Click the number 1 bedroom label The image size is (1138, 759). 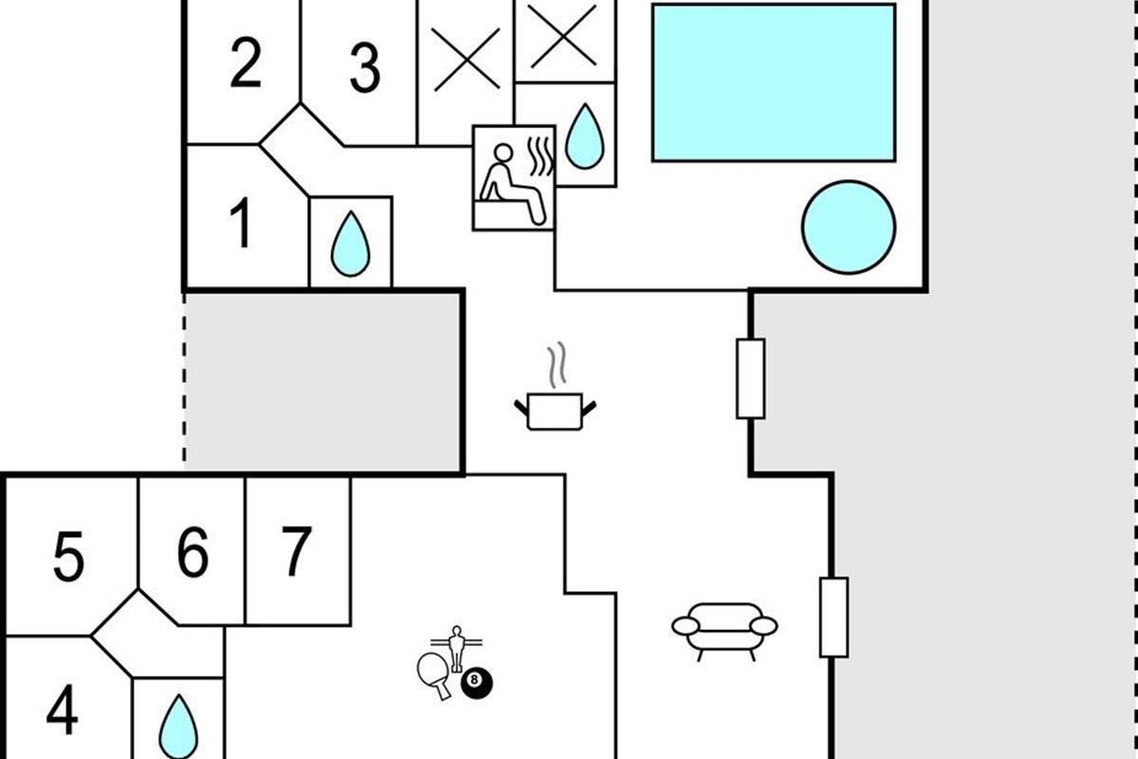tap(242, 225)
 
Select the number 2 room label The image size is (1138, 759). tap(245, 64)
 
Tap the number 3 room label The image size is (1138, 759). tap(364, 68)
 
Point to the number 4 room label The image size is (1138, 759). tap(62, 712)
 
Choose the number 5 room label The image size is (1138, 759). tap(67, 558)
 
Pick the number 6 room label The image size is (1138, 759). tap(193, 552)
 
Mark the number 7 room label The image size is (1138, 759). tap(296, 551)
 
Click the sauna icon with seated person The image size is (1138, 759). tap(513, 177)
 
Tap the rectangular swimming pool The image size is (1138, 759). tap(773, 83)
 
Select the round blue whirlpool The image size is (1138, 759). tap(848, 228)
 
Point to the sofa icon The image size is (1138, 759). tap(725, 629)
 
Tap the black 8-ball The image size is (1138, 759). tap(477, 680)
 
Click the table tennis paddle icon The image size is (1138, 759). tap(434, 673)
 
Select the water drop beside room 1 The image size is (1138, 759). tap(350, 244)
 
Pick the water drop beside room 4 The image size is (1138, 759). tap(177, 725)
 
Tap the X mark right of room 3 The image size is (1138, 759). tap(466, 60)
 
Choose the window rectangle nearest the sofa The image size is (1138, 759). tap(834, 617)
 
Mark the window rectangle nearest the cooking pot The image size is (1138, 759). tap(750, 379)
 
